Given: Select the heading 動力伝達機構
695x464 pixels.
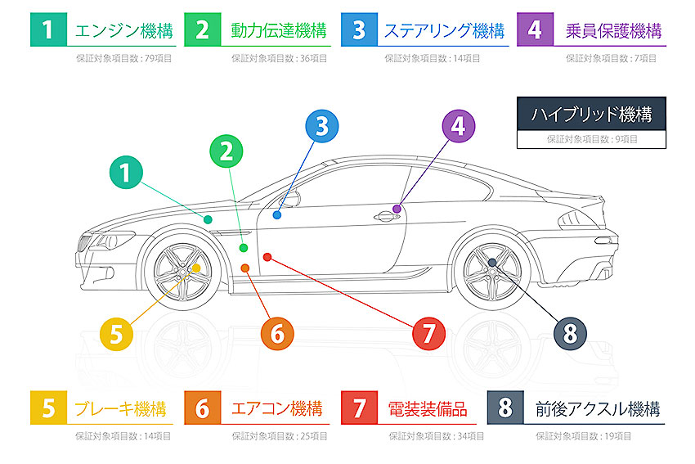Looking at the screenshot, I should tap(278, 31).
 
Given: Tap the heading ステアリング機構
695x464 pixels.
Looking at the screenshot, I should tap(444, 31).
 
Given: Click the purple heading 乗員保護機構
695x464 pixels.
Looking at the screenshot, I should tap(612, 31).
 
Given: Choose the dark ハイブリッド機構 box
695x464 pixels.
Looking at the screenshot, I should tap(591, 114).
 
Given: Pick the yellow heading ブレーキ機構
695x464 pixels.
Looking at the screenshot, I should tap(120, 408).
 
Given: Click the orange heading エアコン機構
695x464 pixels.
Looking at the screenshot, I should tap(276, 408).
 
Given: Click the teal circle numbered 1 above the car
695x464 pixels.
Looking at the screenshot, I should tap(125, 173).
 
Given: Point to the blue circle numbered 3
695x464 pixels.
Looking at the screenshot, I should tap(321, 126).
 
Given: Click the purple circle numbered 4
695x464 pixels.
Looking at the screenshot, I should tap(458, 126).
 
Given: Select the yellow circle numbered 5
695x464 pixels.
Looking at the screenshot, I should tap(116, 333).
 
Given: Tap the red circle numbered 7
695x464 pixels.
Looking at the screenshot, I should tap(428, 333).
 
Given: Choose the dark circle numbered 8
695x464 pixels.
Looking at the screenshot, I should tap(570, 333).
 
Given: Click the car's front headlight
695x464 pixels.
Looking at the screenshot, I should tap(112, 241).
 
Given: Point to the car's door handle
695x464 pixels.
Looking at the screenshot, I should tap(383, 217).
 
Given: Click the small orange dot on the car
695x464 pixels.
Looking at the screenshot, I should tap(245, 268).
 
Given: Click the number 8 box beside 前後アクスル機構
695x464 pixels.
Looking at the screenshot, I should tap(504, 408).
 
